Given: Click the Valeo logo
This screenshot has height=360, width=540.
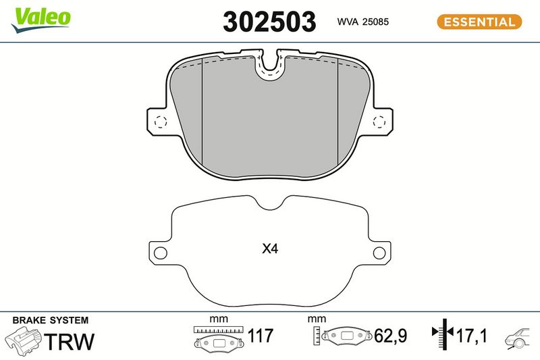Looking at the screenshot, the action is [x=40, y=20].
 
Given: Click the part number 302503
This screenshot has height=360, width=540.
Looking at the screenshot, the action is [x=269, y=22].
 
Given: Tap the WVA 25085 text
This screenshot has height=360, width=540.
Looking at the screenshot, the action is [x=362, y=22].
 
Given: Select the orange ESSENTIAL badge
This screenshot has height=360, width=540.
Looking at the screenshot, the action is [x=479, y=22].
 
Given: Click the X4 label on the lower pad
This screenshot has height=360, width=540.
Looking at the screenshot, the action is [x=270, y=249].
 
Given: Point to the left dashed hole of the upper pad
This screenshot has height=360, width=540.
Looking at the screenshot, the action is [x=161, y=122].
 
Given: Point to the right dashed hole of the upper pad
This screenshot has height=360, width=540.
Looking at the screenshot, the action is [x=379, y=122].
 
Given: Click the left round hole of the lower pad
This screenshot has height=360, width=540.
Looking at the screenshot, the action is [x=161, y=253].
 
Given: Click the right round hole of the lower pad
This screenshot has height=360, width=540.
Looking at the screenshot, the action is [x=379, y=253].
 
